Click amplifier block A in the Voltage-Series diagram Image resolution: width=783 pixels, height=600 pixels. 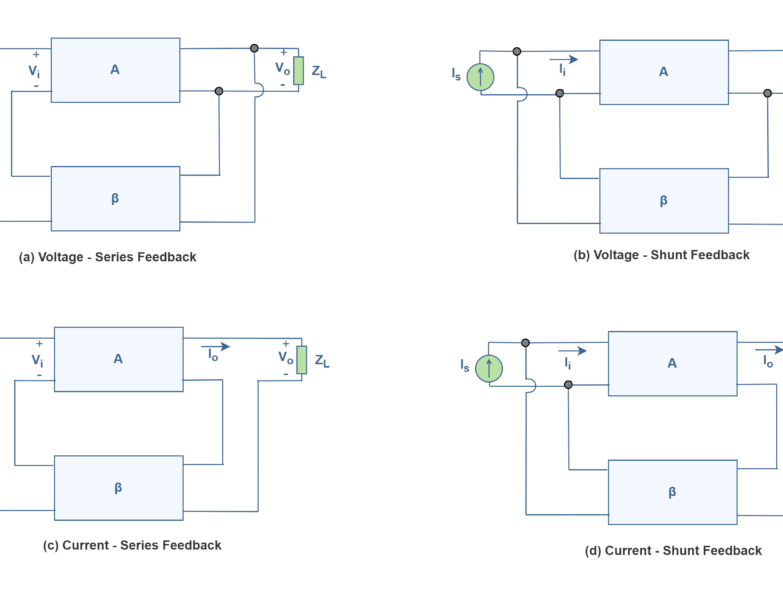tap(115, 70)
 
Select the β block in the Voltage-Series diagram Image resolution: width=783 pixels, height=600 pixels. tap(115, 198)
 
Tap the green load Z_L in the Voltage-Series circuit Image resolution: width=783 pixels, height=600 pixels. tap(298, 71)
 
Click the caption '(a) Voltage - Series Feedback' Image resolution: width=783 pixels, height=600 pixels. tap(108, 257)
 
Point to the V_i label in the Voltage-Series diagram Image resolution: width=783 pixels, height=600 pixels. tap(34, 71)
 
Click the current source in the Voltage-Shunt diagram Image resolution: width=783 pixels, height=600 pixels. tap(480, 76)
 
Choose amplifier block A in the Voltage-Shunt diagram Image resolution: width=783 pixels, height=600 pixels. tap(663, 72)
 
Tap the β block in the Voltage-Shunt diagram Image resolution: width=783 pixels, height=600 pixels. tap(663, 200)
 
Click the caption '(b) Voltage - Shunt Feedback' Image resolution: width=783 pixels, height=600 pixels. tap(661, 255)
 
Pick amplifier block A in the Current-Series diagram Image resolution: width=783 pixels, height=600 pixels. tap(118, 359)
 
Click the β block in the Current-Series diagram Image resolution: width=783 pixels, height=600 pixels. tap(118, 488)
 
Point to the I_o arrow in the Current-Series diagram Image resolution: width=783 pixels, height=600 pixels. tap(215, 348)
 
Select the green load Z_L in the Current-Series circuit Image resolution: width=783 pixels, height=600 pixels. tap(301, 360)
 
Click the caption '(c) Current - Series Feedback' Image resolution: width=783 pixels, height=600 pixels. tap(132, 546)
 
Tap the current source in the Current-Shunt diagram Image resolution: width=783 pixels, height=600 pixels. tap(488, 368)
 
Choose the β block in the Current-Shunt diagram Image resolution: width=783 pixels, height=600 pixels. tap(672, 492)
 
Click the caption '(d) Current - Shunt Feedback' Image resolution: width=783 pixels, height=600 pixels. tap(673, 551)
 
